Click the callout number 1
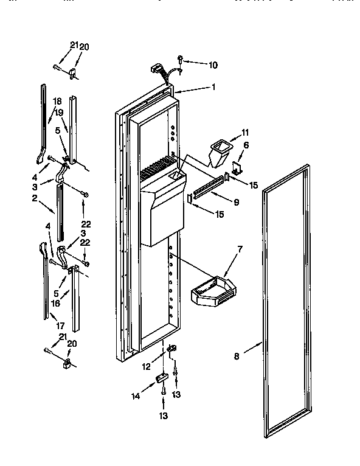[213, 87]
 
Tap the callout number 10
[213, 64]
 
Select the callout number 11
[246, 132]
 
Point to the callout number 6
[246, 145]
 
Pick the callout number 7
[240, 249]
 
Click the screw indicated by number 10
[181, 58]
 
